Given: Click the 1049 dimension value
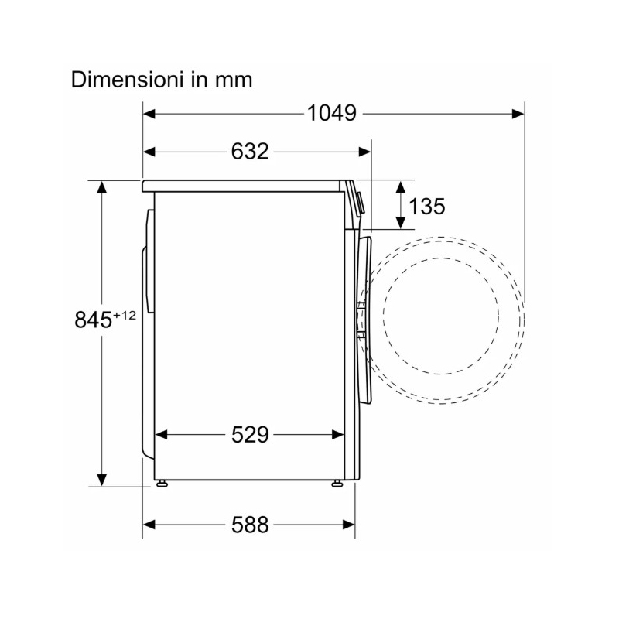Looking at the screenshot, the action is [x=332, y=113].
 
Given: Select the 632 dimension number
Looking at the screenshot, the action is [x=250, y=151].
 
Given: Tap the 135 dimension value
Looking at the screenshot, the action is [x=427, y=206].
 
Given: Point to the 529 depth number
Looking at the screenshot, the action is [x=250, y=435].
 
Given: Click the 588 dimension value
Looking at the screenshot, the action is [x=250, y=525].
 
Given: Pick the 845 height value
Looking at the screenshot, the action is [x=93, y=320].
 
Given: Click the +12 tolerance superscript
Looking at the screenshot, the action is [x=125, y=315].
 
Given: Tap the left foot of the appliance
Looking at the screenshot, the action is [x=162, y=484].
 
